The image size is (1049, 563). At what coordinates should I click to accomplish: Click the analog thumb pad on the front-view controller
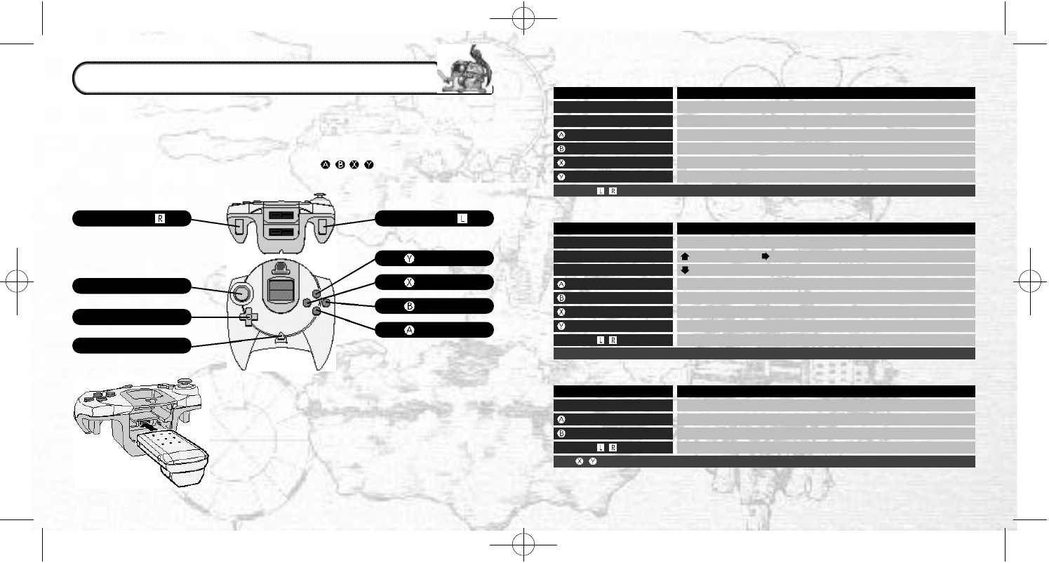click(x=241, y=292)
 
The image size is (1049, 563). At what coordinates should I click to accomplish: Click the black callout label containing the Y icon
click(x=434, y=258)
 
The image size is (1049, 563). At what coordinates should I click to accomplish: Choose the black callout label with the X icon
click(x=434, y=282)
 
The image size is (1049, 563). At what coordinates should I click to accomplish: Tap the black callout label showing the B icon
click(x=434, y=306)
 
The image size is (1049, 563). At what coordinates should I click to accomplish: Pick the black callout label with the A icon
click(x=434, y=330)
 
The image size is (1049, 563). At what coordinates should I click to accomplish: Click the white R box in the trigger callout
click(x=160, y=218)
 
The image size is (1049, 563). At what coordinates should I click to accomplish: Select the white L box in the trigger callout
click(x=462, y=218)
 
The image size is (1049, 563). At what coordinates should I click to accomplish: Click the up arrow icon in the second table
click(x=684, y=257)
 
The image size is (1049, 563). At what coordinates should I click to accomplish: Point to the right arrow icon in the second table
click(x=765, y=257)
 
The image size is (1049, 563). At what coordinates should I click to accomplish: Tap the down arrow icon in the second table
click(x=684, y=270)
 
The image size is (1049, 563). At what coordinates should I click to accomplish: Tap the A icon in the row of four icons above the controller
click(x=325, y=164)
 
